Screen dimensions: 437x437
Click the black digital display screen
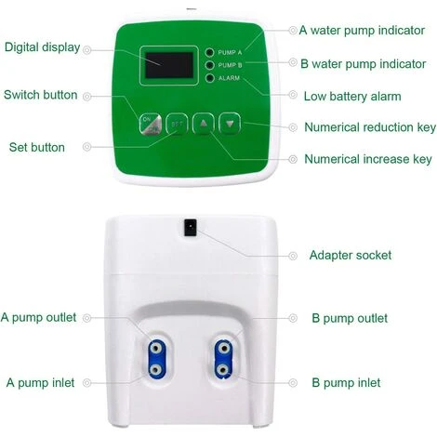point(169,65)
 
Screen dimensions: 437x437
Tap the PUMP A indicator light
point(210,52)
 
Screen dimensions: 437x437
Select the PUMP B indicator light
point(210,65)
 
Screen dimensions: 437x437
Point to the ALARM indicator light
point(210,78)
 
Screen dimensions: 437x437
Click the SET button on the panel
point(177,124)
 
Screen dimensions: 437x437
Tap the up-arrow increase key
point(204,124)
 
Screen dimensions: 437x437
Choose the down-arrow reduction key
point(230,124)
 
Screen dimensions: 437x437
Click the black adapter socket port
point(191,228)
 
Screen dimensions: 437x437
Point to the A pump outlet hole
point(155,349)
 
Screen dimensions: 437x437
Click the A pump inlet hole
point(155,370)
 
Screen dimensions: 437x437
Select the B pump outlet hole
point(223,349)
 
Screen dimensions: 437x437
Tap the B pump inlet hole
point(223,370)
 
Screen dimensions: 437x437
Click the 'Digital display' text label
point(43,47)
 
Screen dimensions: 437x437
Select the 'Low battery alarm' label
point(352,97)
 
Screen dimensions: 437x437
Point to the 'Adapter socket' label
point(351,256)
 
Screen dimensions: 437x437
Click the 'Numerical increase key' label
point(368,159)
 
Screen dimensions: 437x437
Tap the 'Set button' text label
point(37,147)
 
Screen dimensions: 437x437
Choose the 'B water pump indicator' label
point(364,64)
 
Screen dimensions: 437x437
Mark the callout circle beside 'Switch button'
point(87,97)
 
